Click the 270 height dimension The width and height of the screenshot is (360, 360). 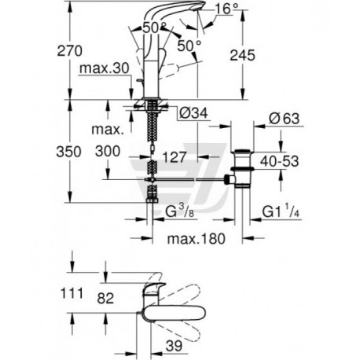69,51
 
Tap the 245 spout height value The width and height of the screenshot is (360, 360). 242,55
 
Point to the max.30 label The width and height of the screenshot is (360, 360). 105,68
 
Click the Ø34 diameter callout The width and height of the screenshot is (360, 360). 193,113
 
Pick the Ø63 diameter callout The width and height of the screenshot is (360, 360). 285,119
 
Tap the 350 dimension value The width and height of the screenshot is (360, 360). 68,152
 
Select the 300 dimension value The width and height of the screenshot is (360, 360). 108,151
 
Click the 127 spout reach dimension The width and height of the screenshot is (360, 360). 174,157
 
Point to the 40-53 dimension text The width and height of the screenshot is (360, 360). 279,161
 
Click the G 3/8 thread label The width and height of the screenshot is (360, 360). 180,212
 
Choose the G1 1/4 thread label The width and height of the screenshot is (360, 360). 281,211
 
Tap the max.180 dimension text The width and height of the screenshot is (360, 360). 197,239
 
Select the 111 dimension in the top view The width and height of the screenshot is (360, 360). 72,293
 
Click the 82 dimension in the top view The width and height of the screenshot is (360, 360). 105,298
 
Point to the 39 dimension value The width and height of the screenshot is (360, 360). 174,346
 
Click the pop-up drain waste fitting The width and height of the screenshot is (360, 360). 241,168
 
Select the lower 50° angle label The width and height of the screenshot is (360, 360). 189,46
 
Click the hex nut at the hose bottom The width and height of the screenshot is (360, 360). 152,200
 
